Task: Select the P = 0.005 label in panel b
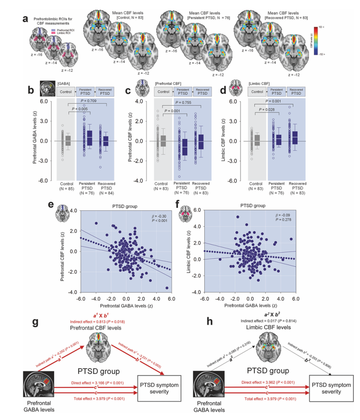pos(81,109)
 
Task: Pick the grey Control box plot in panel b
pos(68,140)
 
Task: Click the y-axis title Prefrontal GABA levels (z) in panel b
pos(35,139)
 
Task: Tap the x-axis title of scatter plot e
pos(126,305)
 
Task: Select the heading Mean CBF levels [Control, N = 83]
pos(123,16)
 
